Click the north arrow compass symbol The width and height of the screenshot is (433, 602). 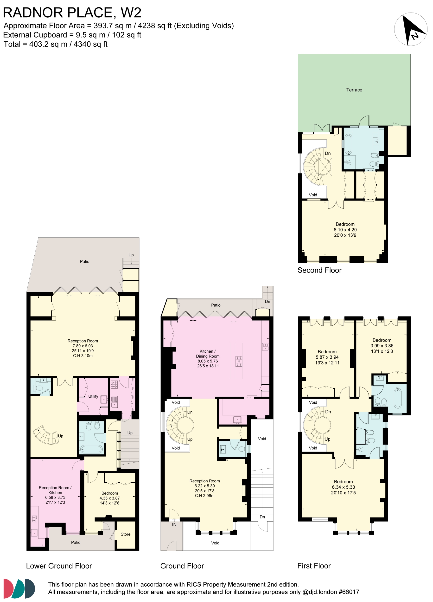410,29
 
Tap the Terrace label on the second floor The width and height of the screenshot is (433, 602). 354,90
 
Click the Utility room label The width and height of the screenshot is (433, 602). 93,396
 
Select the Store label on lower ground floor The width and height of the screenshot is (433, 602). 126,534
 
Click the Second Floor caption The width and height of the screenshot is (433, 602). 319,270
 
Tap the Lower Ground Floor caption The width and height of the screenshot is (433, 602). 59,566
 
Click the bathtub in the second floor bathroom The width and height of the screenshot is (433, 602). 348,144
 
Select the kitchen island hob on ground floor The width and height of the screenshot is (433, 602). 239,361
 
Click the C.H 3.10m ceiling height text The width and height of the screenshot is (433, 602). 83,356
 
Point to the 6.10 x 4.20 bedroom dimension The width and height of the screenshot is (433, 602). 345,230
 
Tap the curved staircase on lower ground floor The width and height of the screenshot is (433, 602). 46,435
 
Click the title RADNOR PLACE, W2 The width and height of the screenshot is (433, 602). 72,13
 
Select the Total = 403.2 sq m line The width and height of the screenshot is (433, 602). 56,44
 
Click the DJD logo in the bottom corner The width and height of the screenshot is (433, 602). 19,589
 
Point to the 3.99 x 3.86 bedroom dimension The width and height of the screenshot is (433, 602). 382,346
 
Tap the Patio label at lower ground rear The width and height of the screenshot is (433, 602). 84,261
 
